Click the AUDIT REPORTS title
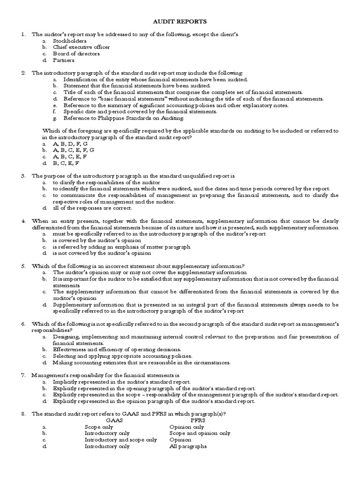pos(180,22)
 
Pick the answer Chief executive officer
pos(82,47)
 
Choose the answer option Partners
pos(63,60)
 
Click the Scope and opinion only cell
pos(200,433)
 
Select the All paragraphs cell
pos(188,446)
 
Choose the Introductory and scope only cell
pos(120,440)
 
